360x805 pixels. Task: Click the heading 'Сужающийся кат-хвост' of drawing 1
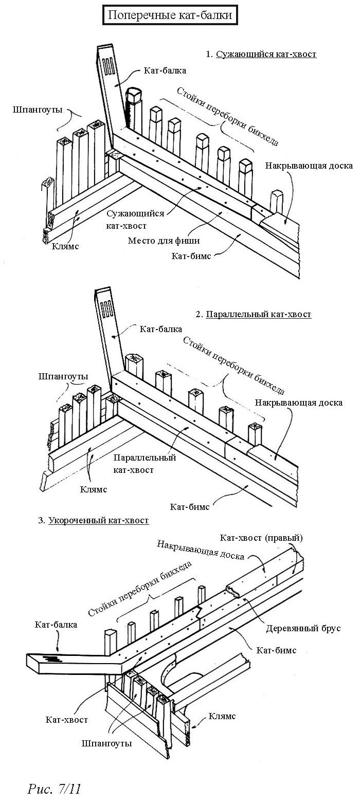pyautogui.click(x=266, y=54)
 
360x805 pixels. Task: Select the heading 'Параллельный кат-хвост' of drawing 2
pyautogui.click(x=258, y=314)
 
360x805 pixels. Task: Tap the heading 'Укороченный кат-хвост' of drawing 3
pyautogui.click(x=99, y=521)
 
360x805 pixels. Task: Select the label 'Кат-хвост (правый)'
pyautogui.click(x=261, y=538)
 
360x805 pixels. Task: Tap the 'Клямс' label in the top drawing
pyautogui.click(x=65, y=246)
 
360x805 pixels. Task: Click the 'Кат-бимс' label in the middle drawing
pyautogui.click(x=190, y=507)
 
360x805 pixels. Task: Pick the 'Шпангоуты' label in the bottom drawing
pyautogui.click(x=106, y=743)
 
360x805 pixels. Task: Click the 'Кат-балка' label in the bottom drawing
pyautogui.click(x=56, y=625)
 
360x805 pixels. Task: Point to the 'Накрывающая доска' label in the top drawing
pyautogui.click(x=309, y=166)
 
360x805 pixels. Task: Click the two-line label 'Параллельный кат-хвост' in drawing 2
pyautogui.click(x=145, y=463)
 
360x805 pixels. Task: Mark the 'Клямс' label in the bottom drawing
pyautogui.click(x=222, y=716)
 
